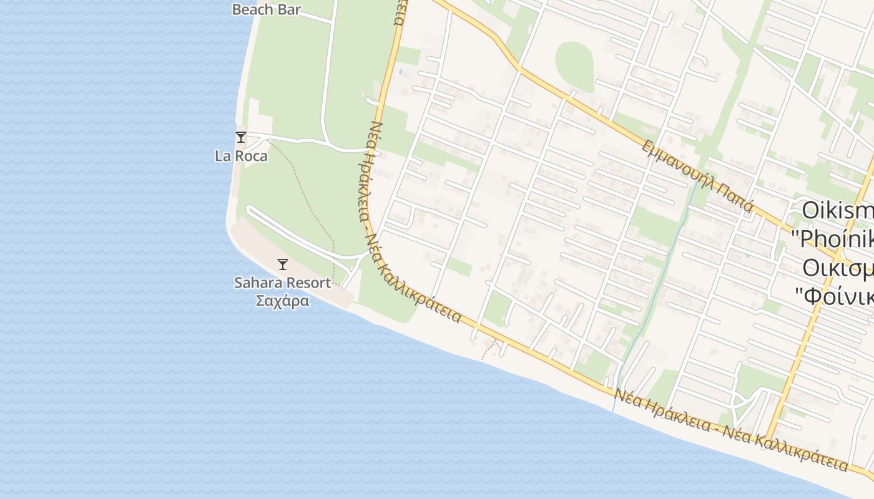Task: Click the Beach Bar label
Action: coord(266,9)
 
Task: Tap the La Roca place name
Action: coord(241,156)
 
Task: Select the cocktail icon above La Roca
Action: coord(240,137)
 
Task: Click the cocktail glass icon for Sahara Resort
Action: coord(283,264)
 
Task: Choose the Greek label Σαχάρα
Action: coord(283,301)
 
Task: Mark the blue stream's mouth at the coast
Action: coord(613,410)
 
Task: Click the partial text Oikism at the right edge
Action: coord(837,210)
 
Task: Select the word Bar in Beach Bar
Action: coord(289,9)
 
